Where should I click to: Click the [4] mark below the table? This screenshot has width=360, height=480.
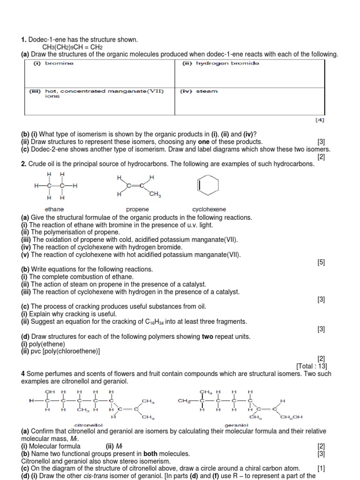click(x=320, y=120)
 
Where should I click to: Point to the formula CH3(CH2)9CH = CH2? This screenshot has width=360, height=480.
click(x=73, y=47)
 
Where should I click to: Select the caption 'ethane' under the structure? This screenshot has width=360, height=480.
click(x=54, y=209)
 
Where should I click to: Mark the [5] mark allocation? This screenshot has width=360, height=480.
click(x=321, y=262)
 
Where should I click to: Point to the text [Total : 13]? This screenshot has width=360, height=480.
click(x=310, y=366)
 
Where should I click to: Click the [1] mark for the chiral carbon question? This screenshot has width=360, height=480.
click(x=321, y=468)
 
